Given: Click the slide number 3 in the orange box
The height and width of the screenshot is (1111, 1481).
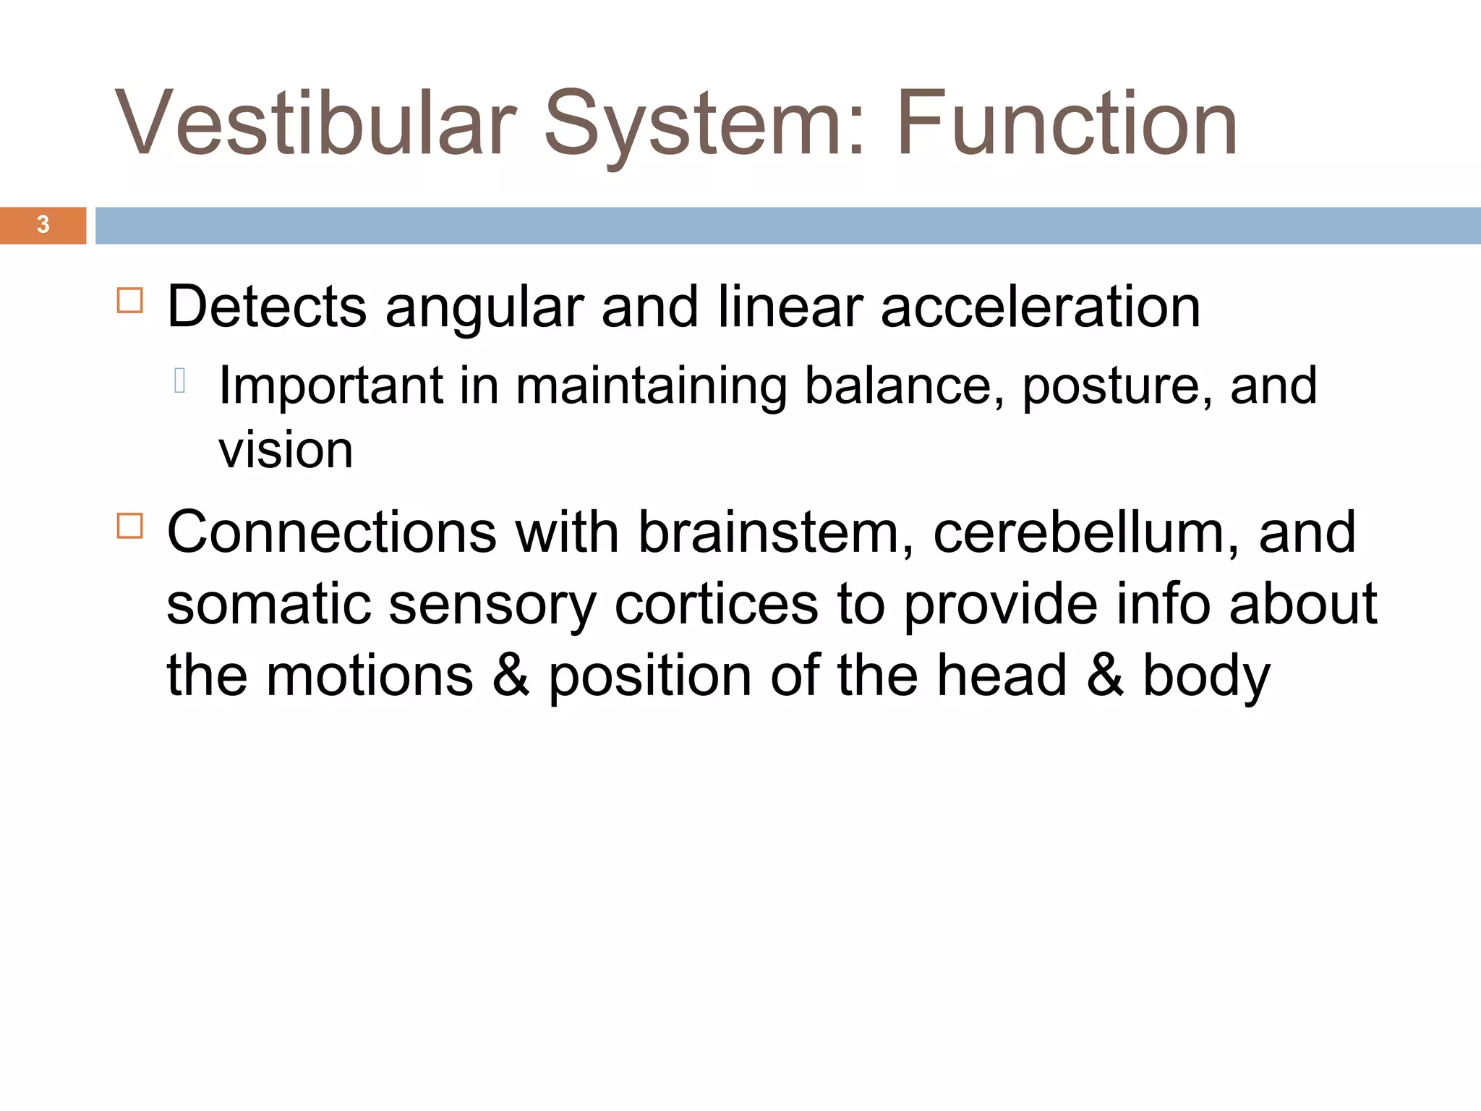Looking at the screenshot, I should [x=43, y=225].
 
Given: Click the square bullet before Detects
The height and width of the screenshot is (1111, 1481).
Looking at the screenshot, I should [x=130, y=299].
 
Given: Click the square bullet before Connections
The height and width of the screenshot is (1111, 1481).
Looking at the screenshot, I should [x=130, y=526].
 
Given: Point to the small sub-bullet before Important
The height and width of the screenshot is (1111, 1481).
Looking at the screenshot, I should [x=180, y=380].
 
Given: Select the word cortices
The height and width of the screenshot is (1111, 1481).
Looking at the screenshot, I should [x=716, y=604].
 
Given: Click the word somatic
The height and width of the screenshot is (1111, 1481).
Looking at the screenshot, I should [x=268, y=604].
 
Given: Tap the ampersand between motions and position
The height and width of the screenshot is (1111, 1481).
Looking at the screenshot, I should [x=511, y=675].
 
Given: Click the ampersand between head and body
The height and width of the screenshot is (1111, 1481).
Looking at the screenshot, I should [x=1105, y=675].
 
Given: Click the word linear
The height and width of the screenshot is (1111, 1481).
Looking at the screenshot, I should [x=790, y=307].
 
